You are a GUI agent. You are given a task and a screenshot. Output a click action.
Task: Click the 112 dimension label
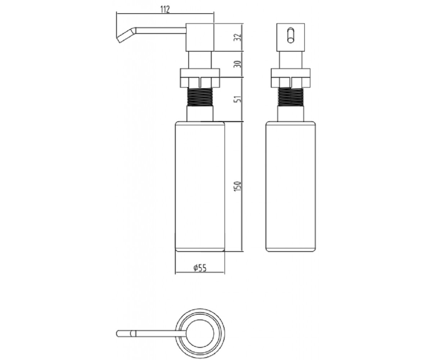(x=165, y=9)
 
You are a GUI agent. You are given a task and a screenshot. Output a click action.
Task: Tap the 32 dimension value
(x=238, y=37)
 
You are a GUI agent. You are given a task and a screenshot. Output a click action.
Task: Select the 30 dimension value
(x=238, y=64)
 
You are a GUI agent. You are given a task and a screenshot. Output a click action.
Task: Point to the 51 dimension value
(x=238, y=99)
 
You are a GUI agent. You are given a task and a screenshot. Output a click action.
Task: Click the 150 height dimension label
(x=238, y=186)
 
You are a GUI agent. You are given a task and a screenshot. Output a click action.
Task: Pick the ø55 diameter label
(x=200, y=268)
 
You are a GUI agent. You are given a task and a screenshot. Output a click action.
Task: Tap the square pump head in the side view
(x=200, y=37)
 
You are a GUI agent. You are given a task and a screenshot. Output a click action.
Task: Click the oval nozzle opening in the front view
(x=291, y=35)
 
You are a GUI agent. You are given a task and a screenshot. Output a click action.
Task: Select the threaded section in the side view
(x=200, y=96)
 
